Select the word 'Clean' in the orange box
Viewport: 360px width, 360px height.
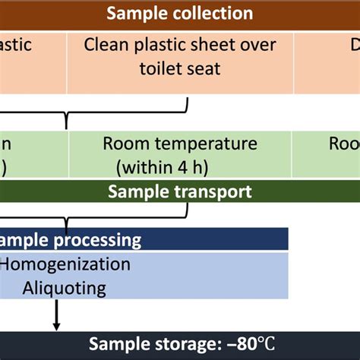106,44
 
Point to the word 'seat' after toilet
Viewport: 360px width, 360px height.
204,68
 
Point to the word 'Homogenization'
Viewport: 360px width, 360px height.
65,264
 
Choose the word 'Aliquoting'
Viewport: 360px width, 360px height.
64,288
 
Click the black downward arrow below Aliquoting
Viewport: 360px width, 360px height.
56,316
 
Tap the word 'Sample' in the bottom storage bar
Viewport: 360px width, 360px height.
115,345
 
